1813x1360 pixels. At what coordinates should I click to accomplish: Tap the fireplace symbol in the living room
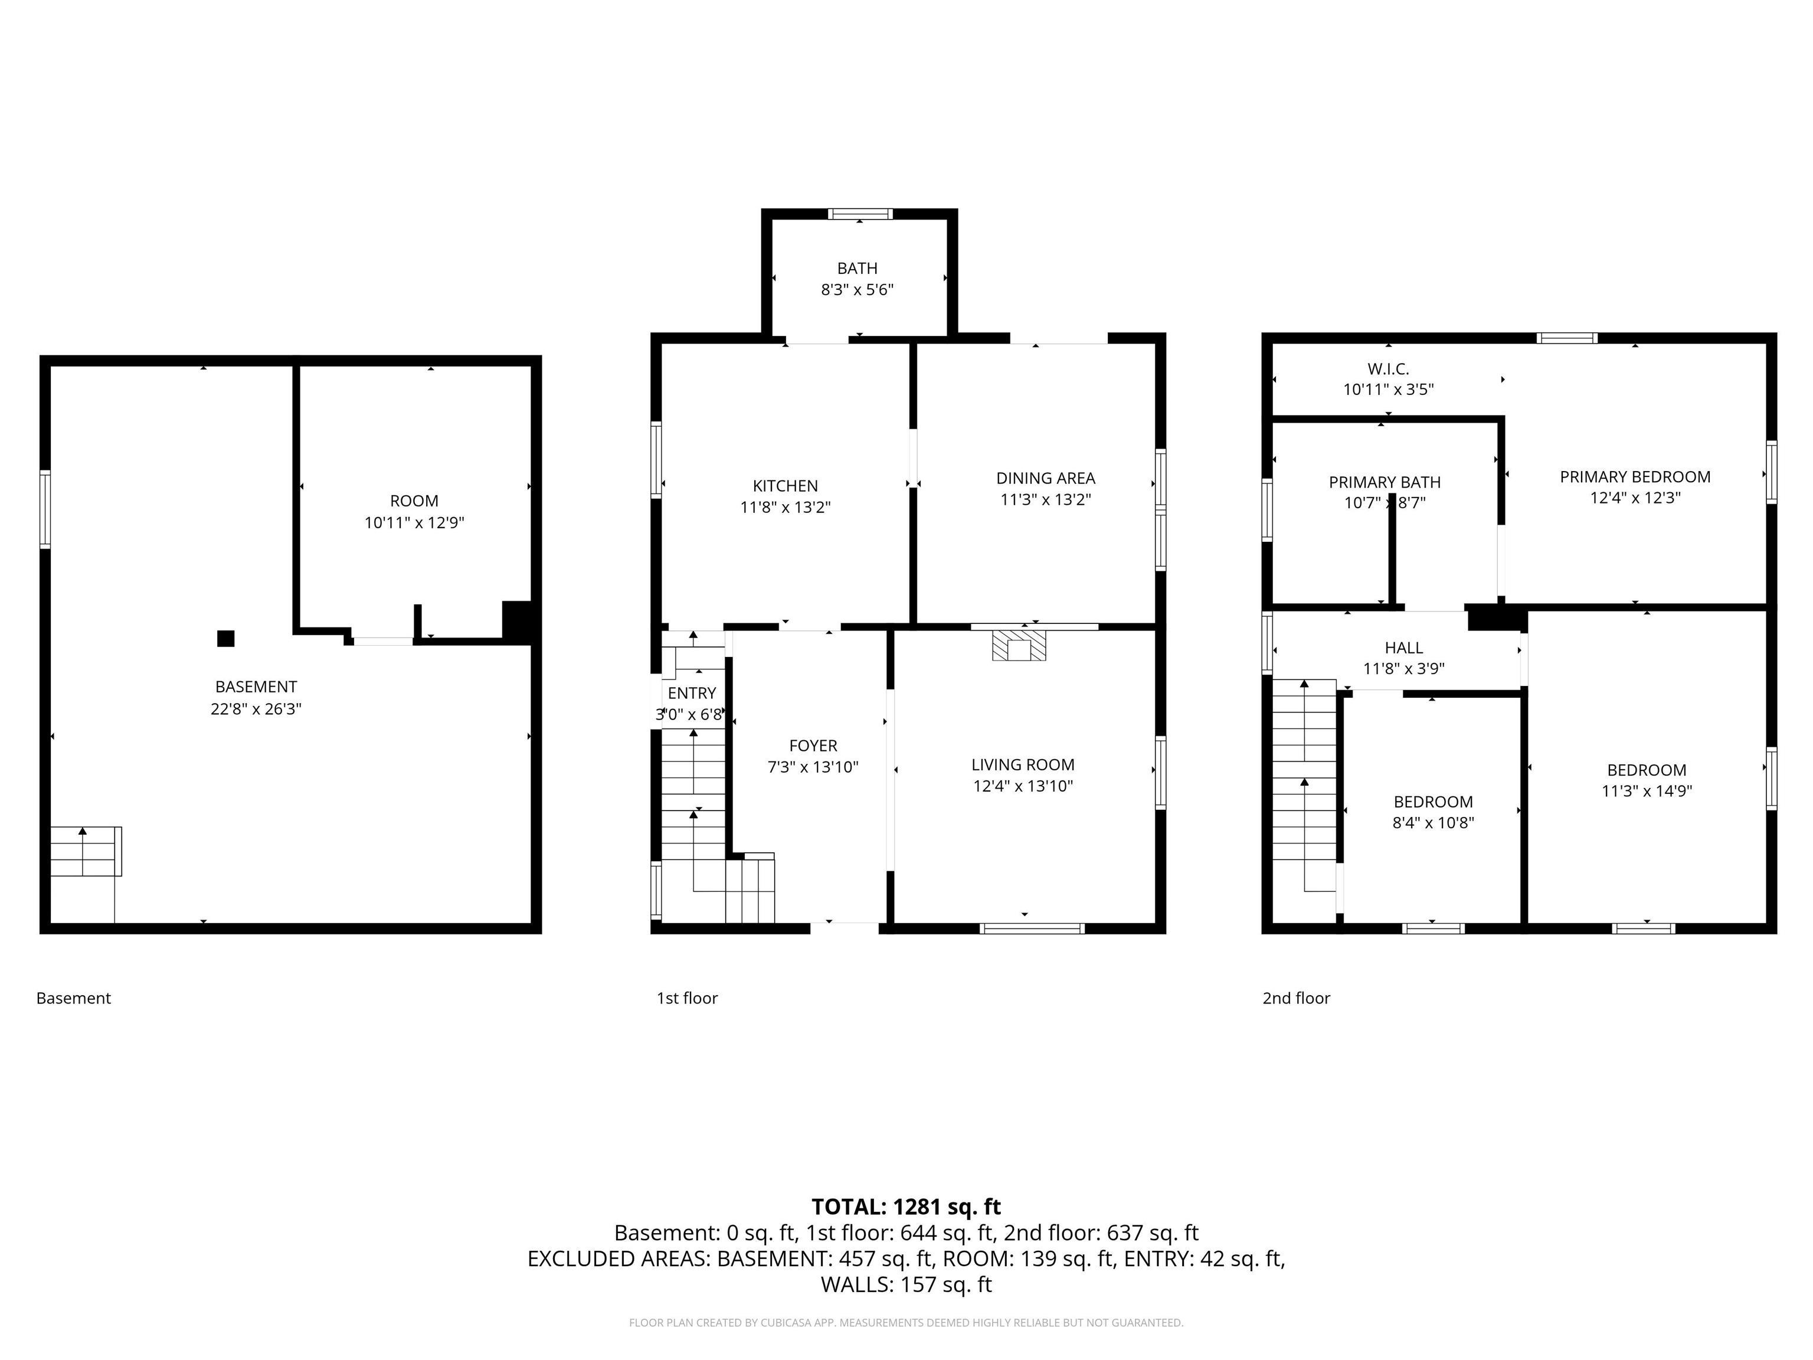[1019, 646]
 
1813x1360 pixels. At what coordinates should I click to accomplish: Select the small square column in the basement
[225, 639]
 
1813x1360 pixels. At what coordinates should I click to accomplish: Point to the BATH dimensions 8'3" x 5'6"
[858, 289]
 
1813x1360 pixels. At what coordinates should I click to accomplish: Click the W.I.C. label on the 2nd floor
[1387, 369]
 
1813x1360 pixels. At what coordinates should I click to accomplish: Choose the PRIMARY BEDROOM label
[1634, 476]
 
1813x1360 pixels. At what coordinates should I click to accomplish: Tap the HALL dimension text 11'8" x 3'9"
[1403, 668]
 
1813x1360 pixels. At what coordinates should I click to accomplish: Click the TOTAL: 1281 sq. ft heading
[906, 1207]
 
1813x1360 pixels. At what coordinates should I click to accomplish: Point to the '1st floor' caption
[687, 998]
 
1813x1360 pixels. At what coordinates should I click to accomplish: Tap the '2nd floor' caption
[1296, 998]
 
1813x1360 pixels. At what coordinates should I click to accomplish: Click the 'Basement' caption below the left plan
[73, 998]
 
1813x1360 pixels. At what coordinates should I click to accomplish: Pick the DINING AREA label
[1045, 478]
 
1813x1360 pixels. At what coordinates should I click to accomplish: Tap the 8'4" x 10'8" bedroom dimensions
[1433, 823]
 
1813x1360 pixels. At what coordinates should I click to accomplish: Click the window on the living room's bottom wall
[1032, 929]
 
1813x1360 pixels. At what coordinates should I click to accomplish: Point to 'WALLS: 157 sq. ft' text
[906, 1284]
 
